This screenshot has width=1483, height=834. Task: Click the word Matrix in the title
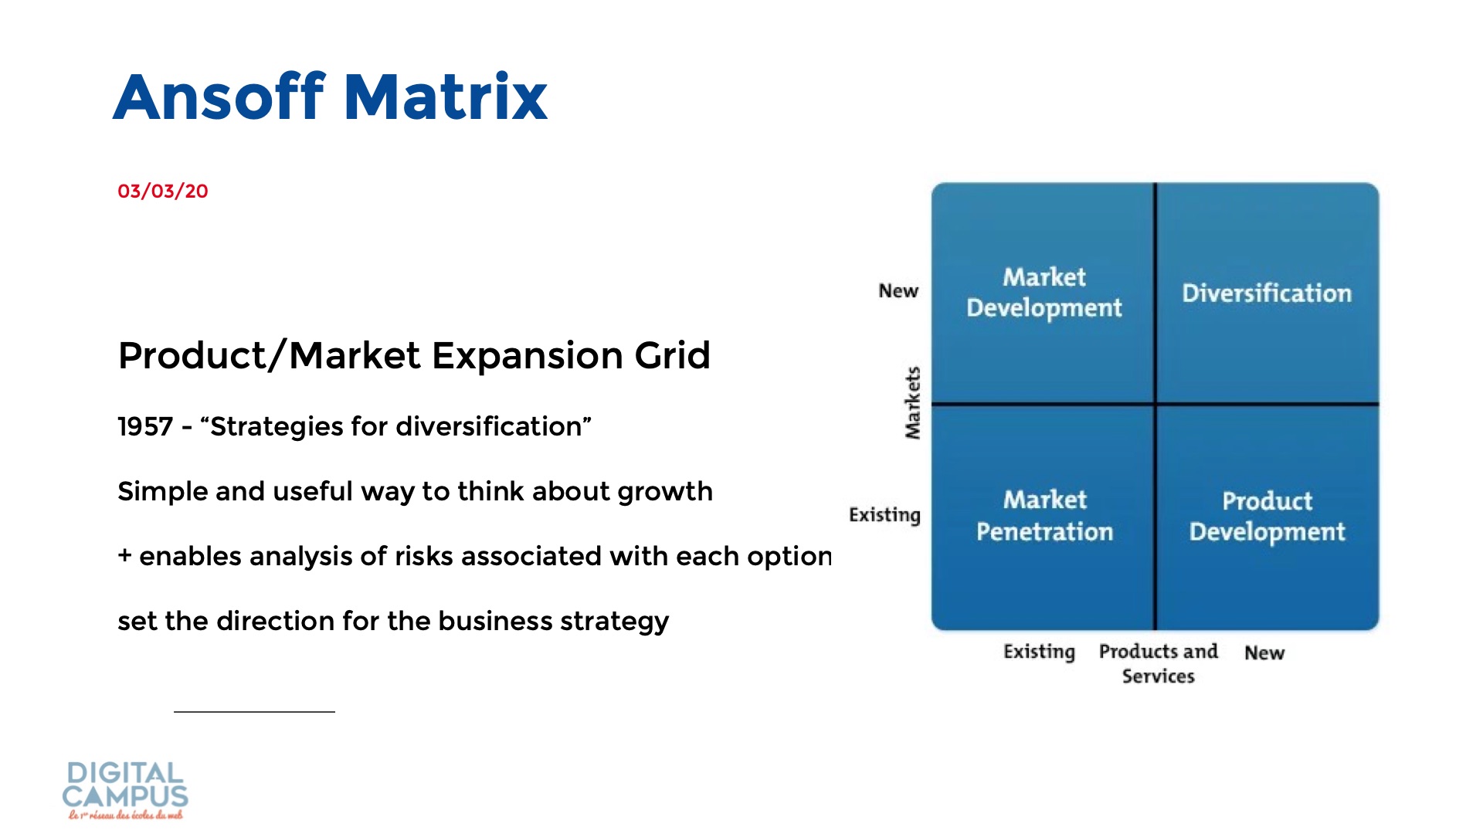pos(446,97)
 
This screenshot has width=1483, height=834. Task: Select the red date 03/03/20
pos(163,192)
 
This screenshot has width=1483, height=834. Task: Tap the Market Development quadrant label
pos(1044,293)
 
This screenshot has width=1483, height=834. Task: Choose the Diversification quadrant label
pos(1267,293)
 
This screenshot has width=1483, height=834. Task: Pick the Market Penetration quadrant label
pos(1044,515)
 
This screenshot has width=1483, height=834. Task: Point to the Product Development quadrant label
pos(1267,516)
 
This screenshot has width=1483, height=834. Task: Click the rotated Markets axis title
pos(913,402)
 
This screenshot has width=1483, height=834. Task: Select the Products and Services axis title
pos(1159,663)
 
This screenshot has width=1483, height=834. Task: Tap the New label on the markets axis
pos(898,291)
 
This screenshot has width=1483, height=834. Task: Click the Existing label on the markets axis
pos(884,515)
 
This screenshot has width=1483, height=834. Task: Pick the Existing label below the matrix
pos(1039,653)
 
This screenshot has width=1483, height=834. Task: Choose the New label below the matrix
pos(1264,653)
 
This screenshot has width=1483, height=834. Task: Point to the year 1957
pos(145,426)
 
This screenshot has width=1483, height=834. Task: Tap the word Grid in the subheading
pos(672,356)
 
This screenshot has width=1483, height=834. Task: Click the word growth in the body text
pos(665,493)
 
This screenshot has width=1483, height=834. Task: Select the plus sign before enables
pos(125,556)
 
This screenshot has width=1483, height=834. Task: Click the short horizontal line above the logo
pos(254,711)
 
